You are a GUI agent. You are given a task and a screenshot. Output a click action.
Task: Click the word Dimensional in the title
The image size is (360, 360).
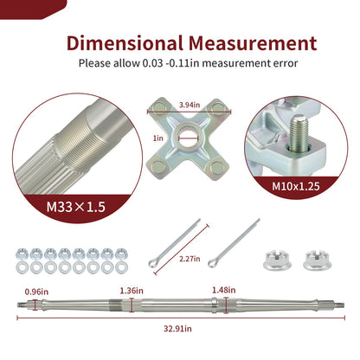(125, 43)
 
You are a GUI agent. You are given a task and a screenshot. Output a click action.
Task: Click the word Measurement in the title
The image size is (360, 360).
(253, 43)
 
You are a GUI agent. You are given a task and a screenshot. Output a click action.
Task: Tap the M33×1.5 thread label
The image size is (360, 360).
(76, 207)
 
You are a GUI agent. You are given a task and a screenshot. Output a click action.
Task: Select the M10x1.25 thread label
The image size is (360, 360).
(296, 186)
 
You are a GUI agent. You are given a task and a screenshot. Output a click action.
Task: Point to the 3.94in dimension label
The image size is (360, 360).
(190, 105)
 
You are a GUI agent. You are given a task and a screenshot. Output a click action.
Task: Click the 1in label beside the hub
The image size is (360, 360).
(158, 138)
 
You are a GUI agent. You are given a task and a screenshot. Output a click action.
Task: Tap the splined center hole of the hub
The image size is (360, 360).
(188, 135)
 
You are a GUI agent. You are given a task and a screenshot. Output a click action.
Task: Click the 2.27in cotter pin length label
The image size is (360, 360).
(190, 259)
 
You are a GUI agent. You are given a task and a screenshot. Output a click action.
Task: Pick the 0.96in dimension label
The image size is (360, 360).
(36, 292)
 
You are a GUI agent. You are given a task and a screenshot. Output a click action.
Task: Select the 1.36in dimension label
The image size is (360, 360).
(132, 291)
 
